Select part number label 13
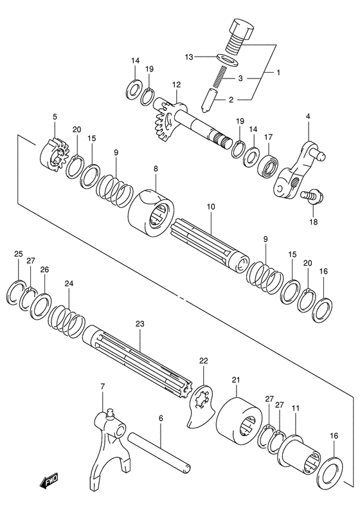[189, 57]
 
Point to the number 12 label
[176, 84]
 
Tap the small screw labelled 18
[312, 197]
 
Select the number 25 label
[18, 255]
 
